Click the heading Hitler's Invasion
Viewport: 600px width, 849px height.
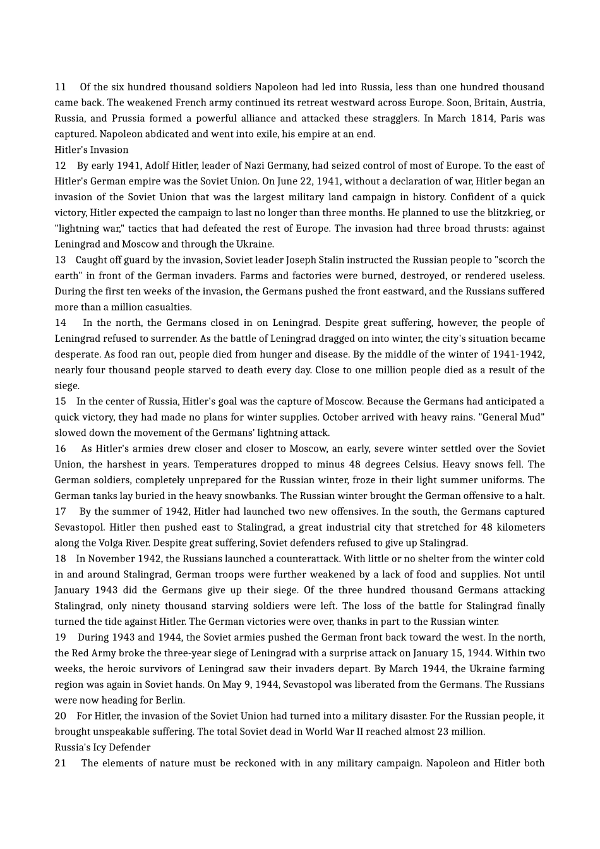[x=92, y=150]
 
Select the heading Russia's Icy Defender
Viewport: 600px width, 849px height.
[x=102, y=747]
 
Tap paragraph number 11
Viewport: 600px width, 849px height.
[x=61, y=87]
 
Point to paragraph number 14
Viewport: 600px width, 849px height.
[x=61, y=323]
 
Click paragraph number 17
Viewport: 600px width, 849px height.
[x=61, y=512]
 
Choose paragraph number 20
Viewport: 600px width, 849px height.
[x=61, y=716]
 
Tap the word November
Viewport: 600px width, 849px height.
[x=113, y=558]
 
